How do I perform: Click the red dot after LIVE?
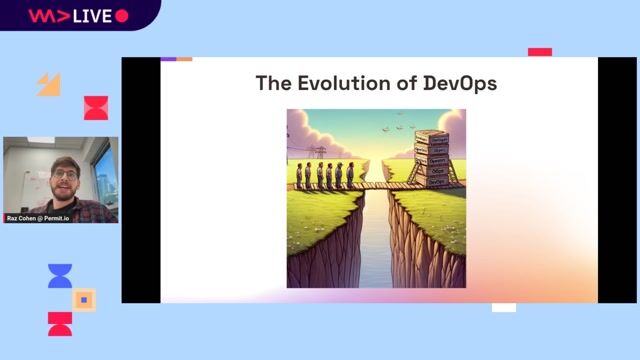(122, 16)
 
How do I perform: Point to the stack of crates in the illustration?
(433, 157)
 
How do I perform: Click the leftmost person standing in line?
(299, 175)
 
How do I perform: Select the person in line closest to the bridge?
(349, 175)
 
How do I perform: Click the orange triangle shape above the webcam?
(49, 84)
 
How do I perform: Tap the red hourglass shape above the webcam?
(95, 108)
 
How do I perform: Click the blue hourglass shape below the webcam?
(60, 276)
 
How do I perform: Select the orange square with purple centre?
(84, 299)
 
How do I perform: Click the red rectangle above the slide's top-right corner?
(540, 52)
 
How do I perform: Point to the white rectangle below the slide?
(504, 307)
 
